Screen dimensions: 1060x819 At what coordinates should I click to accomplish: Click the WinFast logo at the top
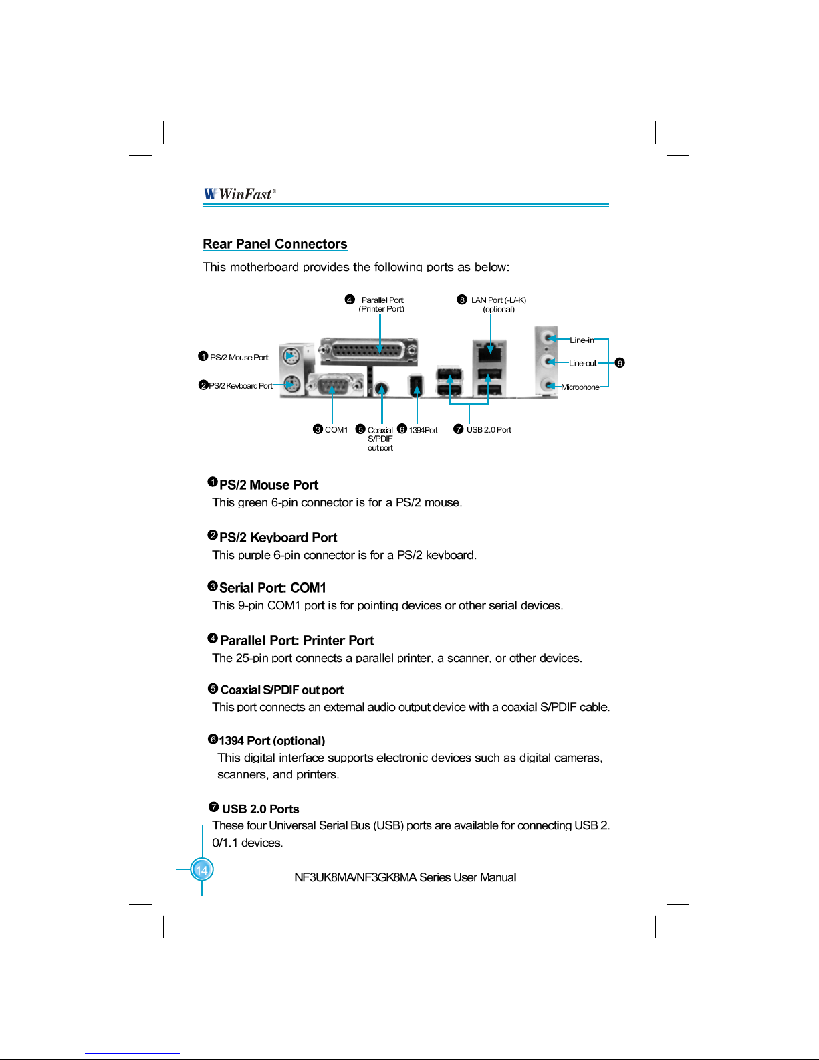tap(239, 194)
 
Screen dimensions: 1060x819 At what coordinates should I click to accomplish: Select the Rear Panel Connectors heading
tap(275, 244)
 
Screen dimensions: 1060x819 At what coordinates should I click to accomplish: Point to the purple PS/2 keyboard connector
tap(291, 385)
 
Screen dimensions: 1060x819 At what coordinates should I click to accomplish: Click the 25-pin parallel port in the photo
tap(368, 350)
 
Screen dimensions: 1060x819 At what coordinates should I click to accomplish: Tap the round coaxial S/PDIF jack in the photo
tap(381, 388)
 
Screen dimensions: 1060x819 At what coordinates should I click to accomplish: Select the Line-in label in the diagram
tap(582, 340)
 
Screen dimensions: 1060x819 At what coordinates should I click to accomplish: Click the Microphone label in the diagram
tap(580, 387)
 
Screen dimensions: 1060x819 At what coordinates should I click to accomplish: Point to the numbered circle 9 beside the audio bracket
tap(620, 363)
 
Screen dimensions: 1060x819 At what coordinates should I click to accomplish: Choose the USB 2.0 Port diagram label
tap(489, 430)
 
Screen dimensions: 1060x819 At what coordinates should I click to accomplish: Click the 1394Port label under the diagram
tap(423, 430)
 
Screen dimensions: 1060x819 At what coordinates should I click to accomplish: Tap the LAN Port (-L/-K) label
tap(499, 300)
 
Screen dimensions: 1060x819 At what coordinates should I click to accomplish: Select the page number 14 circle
tap(201, 870)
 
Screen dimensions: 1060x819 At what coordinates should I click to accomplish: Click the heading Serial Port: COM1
tap(273, 588)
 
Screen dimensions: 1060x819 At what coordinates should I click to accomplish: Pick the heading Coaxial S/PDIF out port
tap(282, 690)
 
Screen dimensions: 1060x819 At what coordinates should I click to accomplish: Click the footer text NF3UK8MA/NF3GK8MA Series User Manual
tap(405, 877)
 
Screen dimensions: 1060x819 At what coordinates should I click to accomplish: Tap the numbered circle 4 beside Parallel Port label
tap(349, 300)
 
